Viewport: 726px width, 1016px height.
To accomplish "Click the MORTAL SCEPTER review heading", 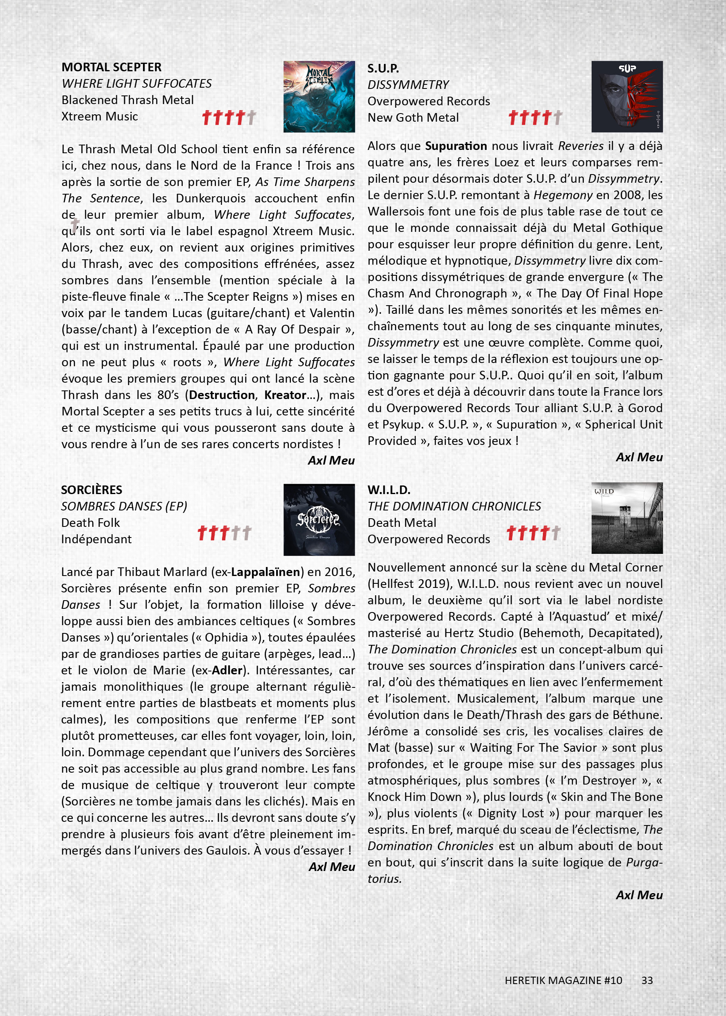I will (111, 67).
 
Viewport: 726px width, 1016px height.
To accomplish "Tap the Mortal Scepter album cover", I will (319, 97).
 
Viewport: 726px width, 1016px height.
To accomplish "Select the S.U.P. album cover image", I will (627, 97).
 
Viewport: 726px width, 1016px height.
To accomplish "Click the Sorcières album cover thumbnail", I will (319, 519).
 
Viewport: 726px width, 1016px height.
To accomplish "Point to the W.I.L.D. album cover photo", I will (627, 518).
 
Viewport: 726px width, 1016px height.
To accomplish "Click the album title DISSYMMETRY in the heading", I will (408, 84).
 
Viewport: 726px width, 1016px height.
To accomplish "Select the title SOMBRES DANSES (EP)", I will (124, 506).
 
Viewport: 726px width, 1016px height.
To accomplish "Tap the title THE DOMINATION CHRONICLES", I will (454, 506).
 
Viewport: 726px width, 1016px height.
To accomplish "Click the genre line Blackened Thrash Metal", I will (127, 100).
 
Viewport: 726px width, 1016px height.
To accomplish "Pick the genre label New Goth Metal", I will (413, 118).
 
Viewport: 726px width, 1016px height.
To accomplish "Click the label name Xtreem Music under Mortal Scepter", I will (99, 116).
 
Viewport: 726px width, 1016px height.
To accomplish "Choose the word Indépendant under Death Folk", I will (96, 539).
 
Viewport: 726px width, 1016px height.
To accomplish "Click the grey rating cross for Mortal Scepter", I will (251, 118).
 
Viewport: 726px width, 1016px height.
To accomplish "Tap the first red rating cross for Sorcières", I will (202, 533).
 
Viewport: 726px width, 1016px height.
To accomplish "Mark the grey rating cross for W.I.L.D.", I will (556, 533).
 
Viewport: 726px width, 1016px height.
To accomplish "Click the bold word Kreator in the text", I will (285, 395).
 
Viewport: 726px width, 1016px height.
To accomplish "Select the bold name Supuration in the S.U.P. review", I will (456, 146).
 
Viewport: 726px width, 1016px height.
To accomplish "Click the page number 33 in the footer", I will (647, 980).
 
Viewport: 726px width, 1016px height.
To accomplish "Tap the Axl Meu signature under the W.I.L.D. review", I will (639, 895).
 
